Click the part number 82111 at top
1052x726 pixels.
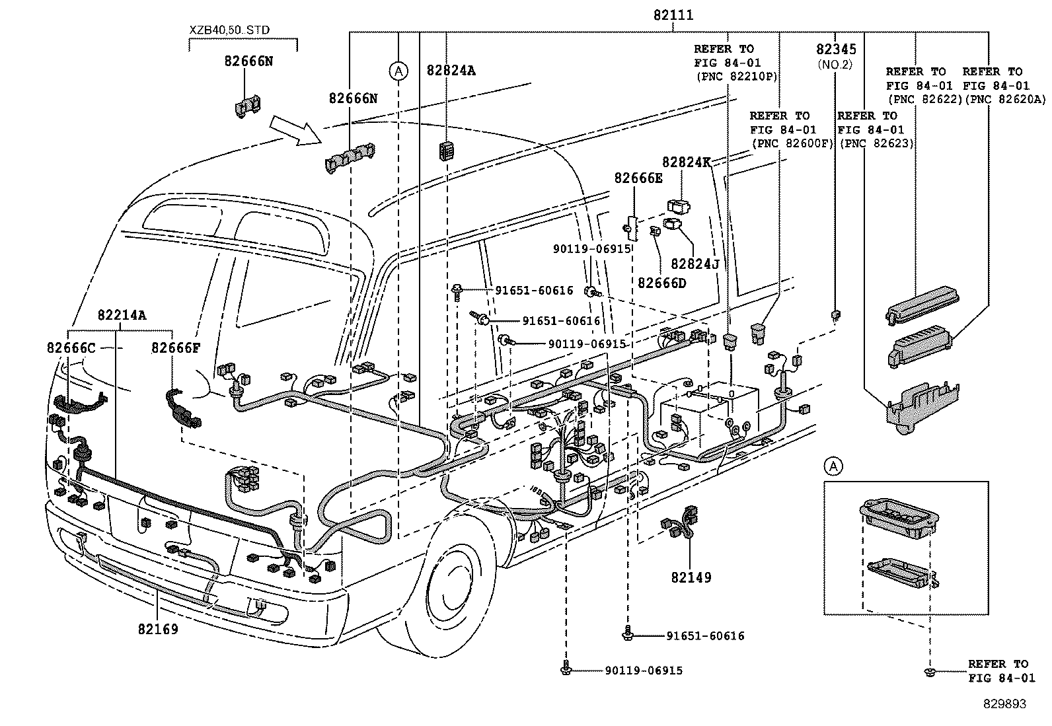(674, 15)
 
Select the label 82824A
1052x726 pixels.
(451, 71)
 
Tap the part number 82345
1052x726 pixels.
(836, 50)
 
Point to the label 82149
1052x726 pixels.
(691, 577)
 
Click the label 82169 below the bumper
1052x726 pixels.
(158, 629)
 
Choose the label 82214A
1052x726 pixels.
(122, 315)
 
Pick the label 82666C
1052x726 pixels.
(71, 347)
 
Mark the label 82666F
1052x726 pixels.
(175, 347)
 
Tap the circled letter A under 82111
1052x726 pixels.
(398, 71)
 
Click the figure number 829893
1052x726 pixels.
(1005, 704)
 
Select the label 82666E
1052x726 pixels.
(638, 178)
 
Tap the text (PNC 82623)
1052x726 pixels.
(876, 143)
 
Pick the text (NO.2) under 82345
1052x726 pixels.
(835, 64)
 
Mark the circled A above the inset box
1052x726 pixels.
(834, 466)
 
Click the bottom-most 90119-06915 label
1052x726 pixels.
(644, 671)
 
